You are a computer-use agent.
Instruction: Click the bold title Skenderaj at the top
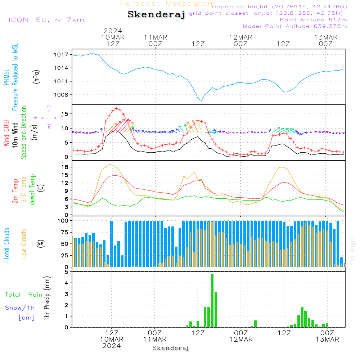click(156, 15)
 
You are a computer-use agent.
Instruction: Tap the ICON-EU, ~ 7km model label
click(46, 20)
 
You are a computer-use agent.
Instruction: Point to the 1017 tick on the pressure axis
click(61, 55)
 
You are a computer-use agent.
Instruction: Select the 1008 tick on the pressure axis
click(61, 95)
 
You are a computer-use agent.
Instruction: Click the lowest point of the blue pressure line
click(202, 101)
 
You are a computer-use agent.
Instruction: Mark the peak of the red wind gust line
click(116, 108)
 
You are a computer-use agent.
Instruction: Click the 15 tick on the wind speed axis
click(65, 114)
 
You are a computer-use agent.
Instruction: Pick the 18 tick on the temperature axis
click(65, 167)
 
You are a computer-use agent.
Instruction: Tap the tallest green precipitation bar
click(212, 301)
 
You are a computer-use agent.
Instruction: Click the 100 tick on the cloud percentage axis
click(63, 221)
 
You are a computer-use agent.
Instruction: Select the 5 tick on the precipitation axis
click(67, 272)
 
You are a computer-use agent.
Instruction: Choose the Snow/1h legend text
click(20, 308)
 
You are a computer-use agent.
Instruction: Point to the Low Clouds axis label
click(24, 244)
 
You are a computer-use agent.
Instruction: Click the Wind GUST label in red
click(6, 133)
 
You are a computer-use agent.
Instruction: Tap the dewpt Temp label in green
click(32, 189)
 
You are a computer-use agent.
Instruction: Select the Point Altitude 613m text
click(314, 20)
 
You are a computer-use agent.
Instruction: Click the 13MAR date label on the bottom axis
click(327, 339)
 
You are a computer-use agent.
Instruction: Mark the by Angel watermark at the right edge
click(352, 249)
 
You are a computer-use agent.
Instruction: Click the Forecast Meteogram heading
click(168, 4)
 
